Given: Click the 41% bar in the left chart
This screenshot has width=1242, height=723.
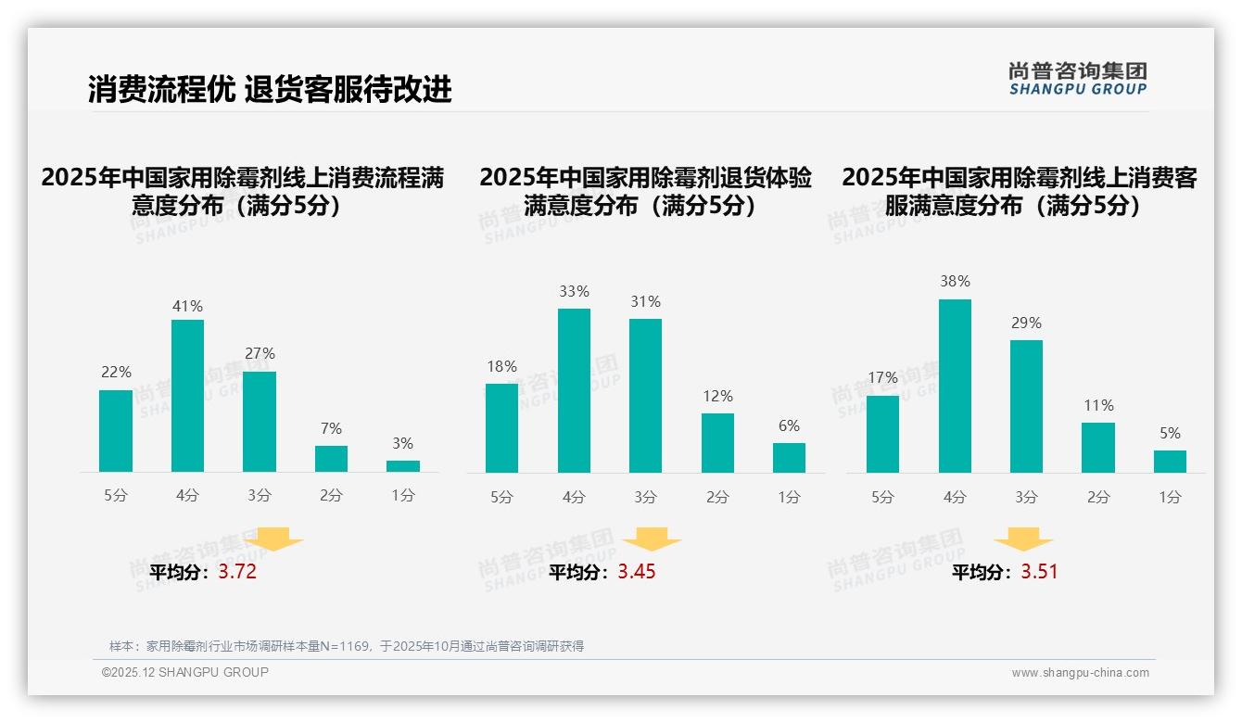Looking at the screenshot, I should tap(187, 396).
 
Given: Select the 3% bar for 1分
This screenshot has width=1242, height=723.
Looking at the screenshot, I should tap(403, 466).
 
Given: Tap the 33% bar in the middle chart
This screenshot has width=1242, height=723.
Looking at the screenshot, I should tap(574, 390).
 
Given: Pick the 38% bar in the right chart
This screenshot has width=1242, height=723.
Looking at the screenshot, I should tap(955, 386).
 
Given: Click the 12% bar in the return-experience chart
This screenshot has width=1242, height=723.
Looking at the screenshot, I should tap(717, 443).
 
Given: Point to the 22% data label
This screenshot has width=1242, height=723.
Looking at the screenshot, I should tap(116, 372).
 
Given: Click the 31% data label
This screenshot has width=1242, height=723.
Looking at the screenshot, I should tap(645, 301).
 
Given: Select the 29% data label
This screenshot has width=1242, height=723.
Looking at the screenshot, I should tap(1026, 323).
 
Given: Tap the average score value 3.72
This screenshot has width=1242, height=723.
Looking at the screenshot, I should tap(237, 572).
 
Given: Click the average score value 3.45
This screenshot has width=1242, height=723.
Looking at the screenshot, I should tap(637, 572).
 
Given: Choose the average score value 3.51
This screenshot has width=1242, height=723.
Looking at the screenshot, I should tap(1039, 572).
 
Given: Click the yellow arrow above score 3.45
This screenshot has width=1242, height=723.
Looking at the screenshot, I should tap(652, 539).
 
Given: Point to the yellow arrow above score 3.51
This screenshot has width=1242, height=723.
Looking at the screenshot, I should tap(1023, 539).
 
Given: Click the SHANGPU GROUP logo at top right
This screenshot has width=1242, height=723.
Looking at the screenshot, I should tap(1078, 79).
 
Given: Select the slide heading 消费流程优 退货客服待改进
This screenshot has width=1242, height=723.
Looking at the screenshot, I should tap(270, 89).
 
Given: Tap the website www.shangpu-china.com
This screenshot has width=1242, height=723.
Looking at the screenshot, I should tap(1080, 673).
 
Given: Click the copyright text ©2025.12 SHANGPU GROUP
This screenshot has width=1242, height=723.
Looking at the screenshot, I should tap(185, 672).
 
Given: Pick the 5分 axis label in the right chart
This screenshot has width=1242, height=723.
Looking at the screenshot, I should tap(882, 497).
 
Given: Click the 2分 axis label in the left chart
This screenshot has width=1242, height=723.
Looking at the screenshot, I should tap(331, 496).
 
